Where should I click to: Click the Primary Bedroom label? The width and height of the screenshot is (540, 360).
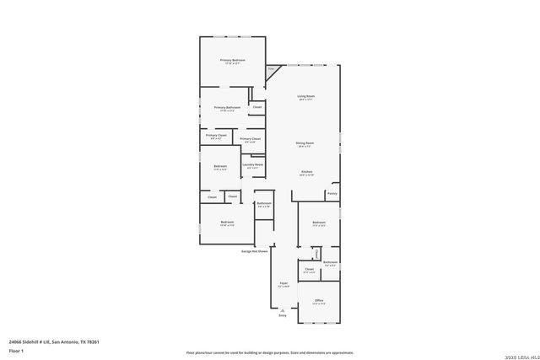[233, 61]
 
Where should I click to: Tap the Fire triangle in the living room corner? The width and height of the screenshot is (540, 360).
[272, 71]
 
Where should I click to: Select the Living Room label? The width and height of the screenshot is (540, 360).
[305, 98]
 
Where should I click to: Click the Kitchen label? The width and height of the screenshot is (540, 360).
[307, 173]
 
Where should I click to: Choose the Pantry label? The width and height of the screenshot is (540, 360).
[332, 193]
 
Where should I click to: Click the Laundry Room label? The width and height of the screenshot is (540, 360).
[253, 165]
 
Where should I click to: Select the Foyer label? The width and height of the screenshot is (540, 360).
[284, 284]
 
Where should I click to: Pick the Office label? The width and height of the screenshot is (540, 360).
[319, 301]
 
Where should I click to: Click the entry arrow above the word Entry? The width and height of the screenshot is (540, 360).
[283, 309]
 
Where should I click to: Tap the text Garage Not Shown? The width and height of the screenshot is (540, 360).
[254, 251]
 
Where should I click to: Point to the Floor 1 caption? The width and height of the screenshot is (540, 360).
[16, 350]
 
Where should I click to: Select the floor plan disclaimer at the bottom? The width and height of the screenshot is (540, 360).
[270, 352]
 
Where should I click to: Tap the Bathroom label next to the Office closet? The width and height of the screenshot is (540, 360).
[331, 262]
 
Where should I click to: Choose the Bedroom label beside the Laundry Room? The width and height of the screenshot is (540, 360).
[220, 166]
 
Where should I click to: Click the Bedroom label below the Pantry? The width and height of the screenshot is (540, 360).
[319, 223]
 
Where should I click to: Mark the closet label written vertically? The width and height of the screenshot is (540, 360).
[316, 253]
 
